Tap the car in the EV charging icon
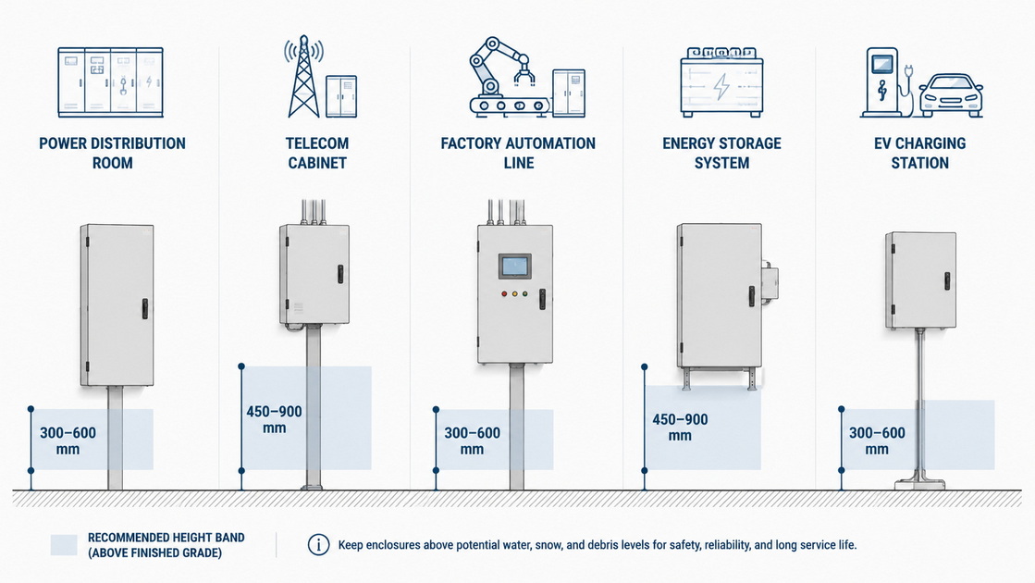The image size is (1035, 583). coord(951,96)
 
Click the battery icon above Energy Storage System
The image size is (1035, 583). coord(721,81)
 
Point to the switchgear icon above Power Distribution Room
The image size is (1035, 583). coord(110,81)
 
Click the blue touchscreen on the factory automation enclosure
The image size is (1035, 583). coord(515,267)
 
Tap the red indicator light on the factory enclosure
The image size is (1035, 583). coord(504,293)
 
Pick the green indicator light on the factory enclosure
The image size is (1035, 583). coord(524,293)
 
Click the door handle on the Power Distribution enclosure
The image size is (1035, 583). coord(144,308)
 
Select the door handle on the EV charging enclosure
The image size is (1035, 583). coord(946,280)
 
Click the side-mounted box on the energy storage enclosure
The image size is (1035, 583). coord(769,283)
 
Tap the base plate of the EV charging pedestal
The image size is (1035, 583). coord(919,484)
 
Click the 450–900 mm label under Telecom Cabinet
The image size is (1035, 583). coord(274,419)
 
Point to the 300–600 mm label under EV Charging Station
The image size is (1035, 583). coord(877,441)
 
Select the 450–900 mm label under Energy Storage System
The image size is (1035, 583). coord(680,428)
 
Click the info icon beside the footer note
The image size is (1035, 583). coord(319,545)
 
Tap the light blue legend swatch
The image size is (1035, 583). coord(64,545)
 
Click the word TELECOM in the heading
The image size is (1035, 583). coord(317,143)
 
